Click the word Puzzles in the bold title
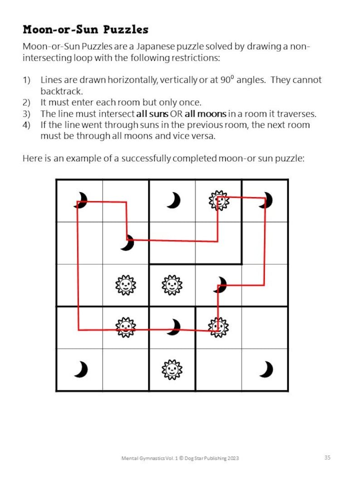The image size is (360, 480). pos(126,30)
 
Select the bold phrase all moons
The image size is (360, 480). pos(205,113)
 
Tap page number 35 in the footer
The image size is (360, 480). pos(327,457)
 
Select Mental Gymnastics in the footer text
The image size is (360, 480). pos(140,458)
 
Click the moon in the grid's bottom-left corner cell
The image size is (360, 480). pos(81,369)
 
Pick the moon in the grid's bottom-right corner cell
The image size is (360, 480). pos(267,369)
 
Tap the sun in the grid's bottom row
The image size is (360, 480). pos(172,369)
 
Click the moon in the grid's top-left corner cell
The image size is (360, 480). pos(81,200)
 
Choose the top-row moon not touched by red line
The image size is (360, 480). pos(173,200)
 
